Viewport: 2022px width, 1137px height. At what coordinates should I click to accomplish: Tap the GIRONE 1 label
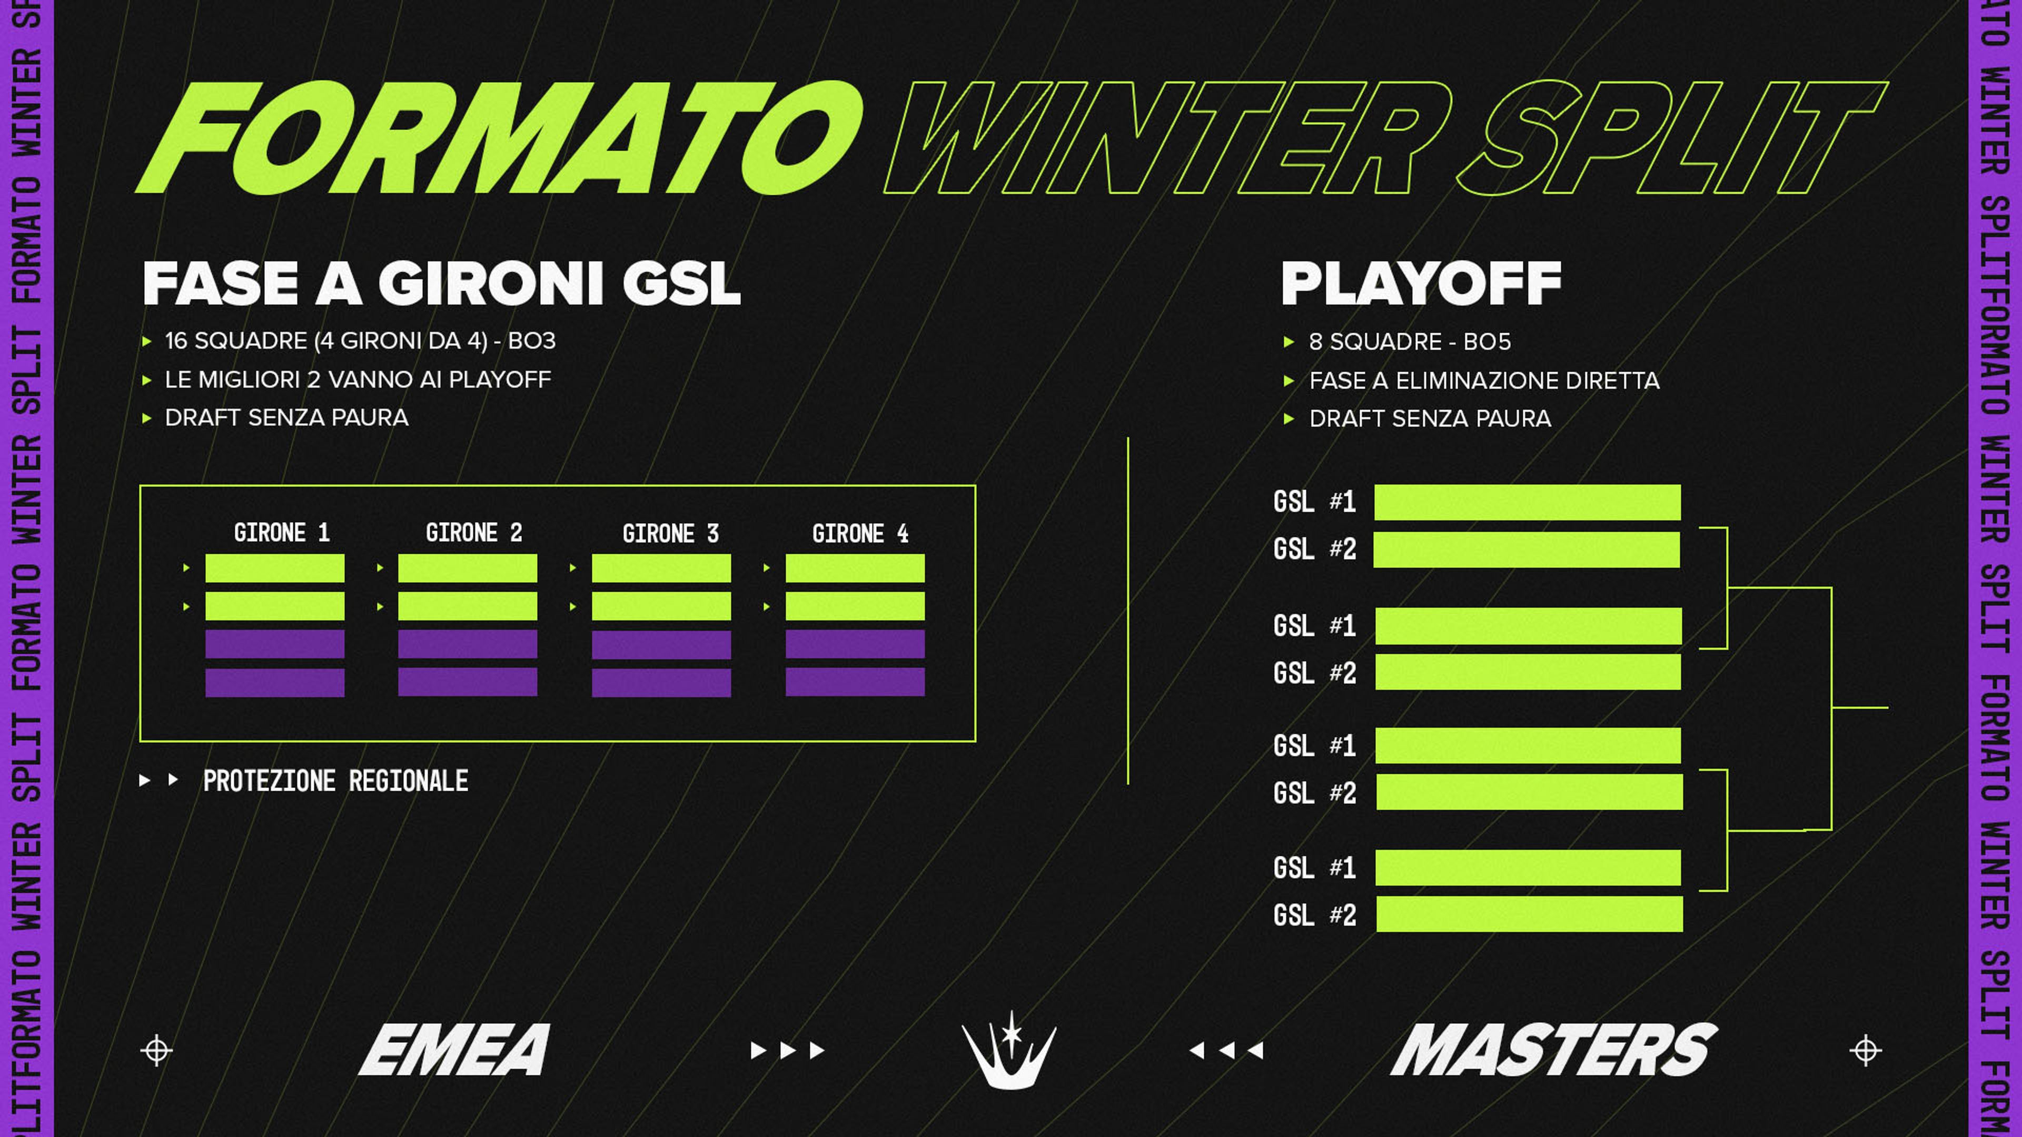[282, 533]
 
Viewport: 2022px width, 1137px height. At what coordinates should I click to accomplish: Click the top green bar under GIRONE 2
[467, 568]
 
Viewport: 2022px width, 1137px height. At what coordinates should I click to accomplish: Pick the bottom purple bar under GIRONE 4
[855, 682]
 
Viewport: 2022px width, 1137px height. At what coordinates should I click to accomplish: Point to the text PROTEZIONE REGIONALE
[335, 781]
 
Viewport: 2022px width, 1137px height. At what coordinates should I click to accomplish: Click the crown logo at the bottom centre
[1009, 1050]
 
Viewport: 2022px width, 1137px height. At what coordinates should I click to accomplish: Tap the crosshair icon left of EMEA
[156, 1050]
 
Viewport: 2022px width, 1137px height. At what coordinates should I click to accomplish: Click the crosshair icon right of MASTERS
[1866, 1050]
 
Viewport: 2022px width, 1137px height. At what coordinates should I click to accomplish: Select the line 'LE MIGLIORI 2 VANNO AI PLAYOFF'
[358, 380]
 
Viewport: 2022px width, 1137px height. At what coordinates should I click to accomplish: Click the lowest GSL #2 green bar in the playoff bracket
[1529, 914]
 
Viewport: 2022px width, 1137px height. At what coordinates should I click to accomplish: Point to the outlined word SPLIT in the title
[1672, 138]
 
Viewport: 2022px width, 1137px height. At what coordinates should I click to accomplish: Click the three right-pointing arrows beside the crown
[787, 1050]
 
